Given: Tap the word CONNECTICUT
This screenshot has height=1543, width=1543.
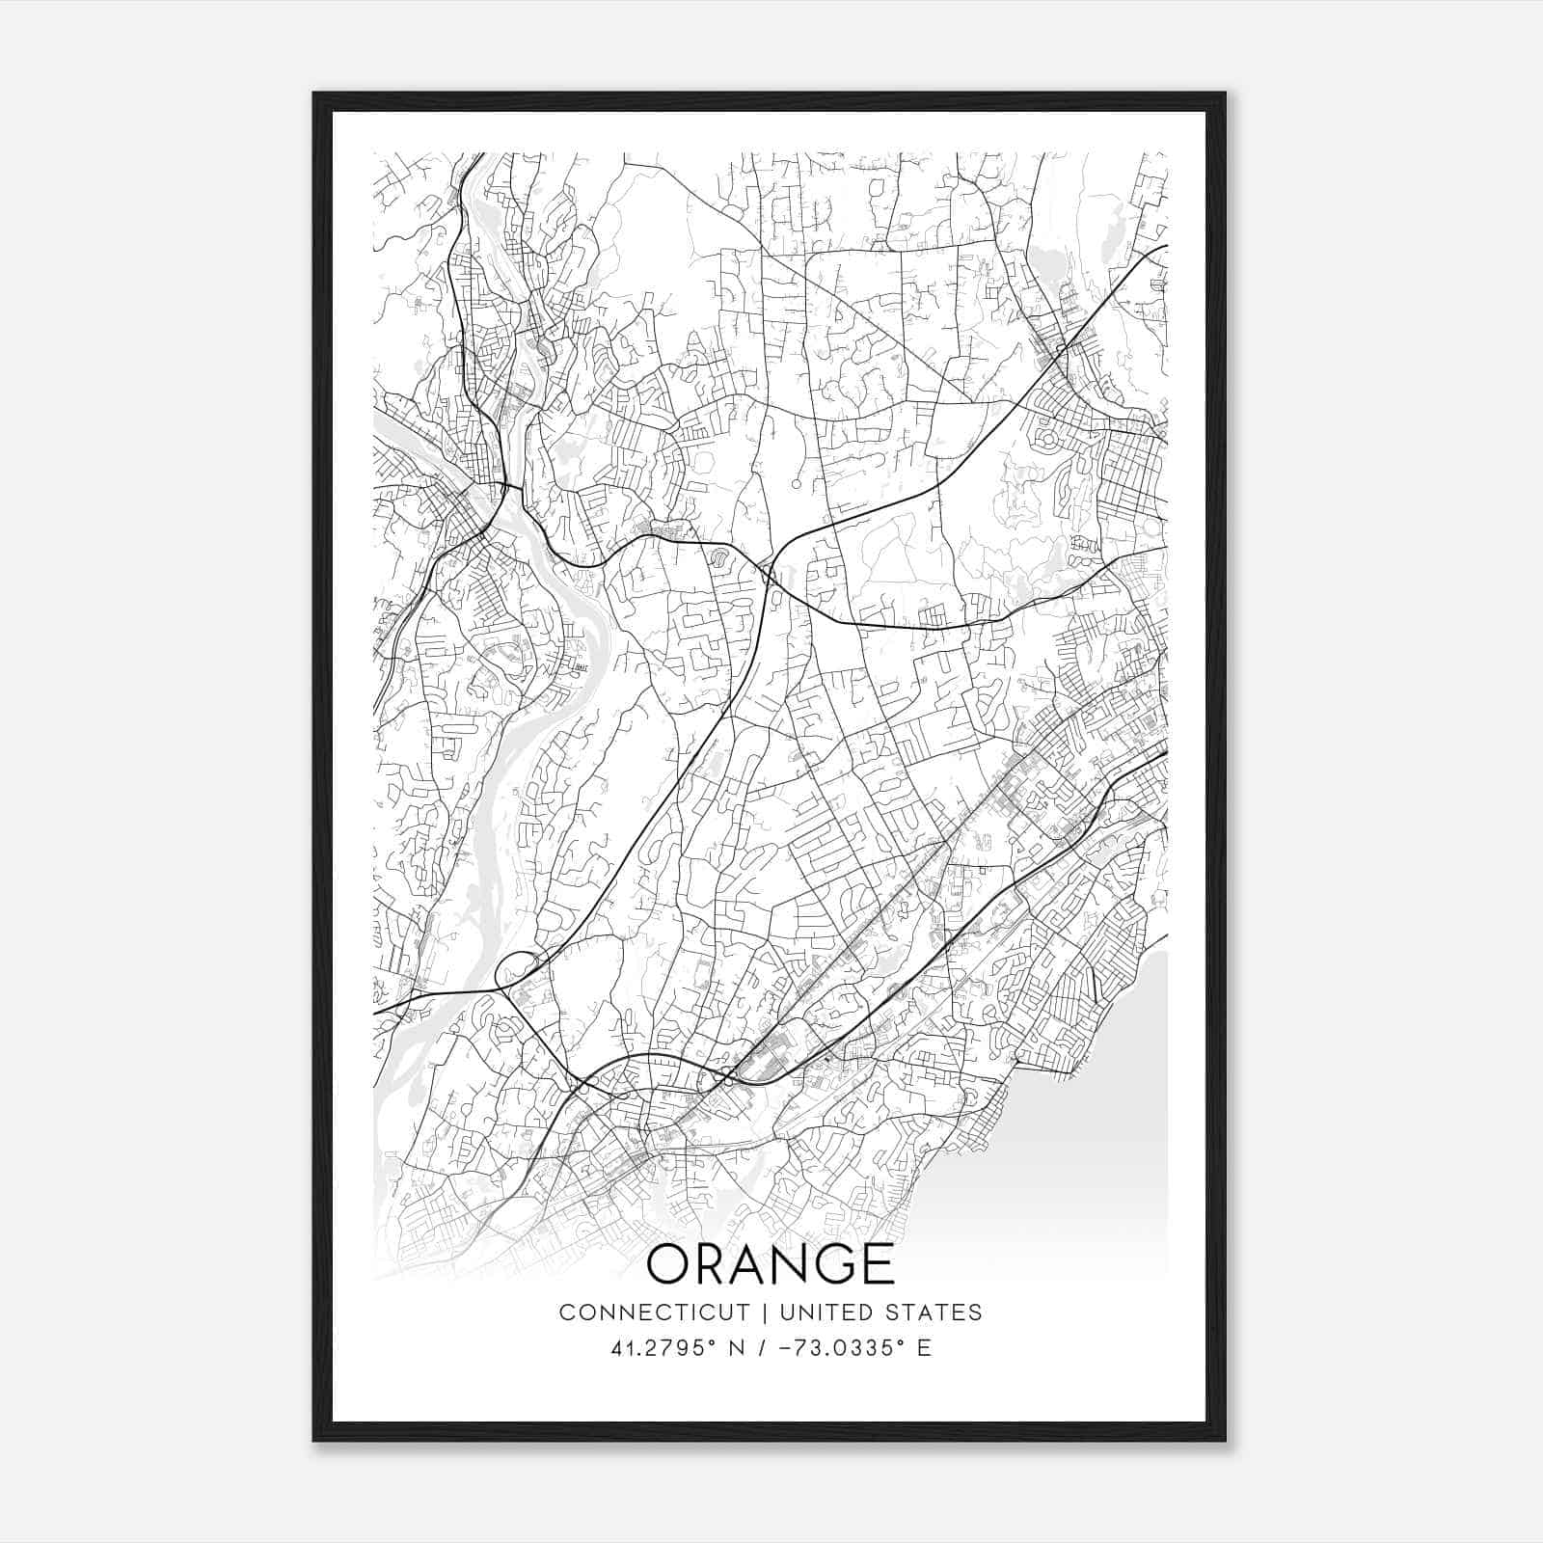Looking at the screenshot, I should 654,1313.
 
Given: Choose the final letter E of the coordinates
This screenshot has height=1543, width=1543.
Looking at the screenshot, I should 924,1348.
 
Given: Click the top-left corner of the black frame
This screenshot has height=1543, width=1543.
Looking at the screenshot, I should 314,95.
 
